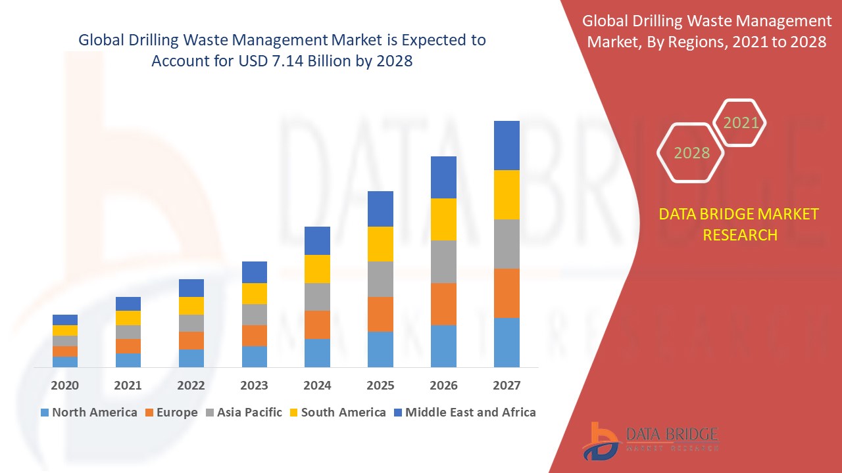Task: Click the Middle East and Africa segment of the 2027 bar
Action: (x=507, y=145)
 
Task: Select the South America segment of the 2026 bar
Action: (x=443, y=219)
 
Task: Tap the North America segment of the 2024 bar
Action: (x=317, y=353)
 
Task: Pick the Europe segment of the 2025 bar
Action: (x=380, y=314)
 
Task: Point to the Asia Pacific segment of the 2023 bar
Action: (x=255, y=314)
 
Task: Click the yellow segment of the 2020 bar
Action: (x=65, y=330)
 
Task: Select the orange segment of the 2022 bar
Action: (x=191, y=340)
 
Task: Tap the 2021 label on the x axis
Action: (x=128, y=385)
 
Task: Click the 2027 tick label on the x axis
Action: (x=507, y=385)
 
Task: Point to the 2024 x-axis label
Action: (x=317, y=385)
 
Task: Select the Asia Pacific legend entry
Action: (x=244, y=413)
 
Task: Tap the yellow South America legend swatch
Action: (x=293, y=413)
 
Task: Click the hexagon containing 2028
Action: (x=691, y=152)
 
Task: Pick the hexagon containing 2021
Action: (x=741, y=122)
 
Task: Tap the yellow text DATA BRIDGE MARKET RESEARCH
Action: (x=739, y=224)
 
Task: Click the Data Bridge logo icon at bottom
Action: (x=600, y=439)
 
